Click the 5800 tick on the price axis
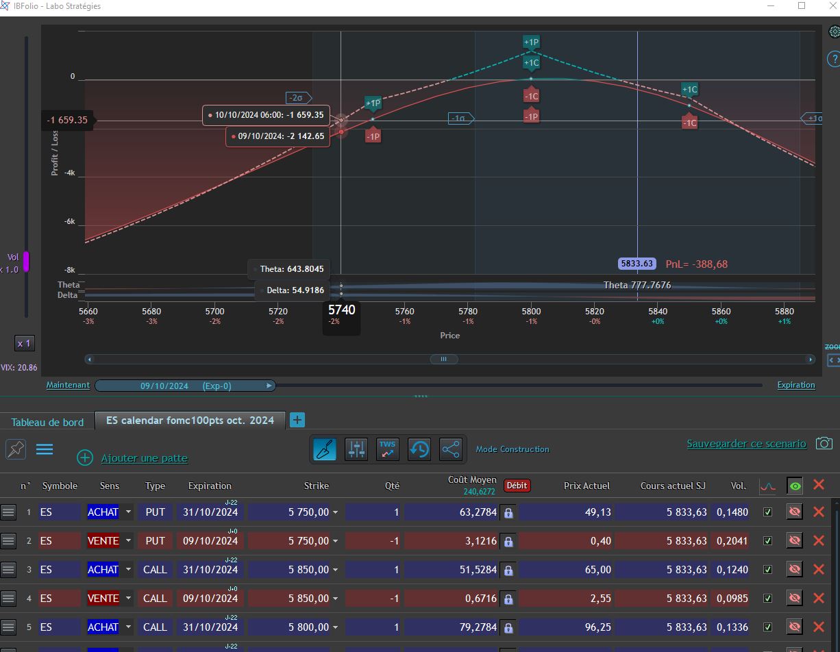click(531, 311)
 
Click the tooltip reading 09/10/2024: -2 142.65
click(278, 136)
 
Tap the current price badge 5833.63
click(637, 264)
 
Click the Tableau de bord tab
click(47, 422)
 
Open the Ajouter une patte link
click(145, 458)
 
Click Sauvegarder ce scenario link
click(746, 443)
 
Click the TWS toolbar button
click(387, 449)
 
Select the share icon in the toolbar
click(451, 449)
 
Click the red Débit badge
click(517, 486)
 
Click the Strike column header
click(317, 486)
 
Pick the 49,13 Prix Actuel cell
click(597, 512)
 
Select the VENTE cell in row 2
click(103, 541)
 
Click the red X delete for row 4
click(818, 599)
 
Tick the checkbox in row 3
click(767, 570)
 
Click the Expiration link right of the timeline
click(796, 385)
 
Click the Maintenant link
click(68, 385)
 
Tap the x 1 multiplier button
click(25, 343)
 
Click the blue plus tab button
click(297, 420)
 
